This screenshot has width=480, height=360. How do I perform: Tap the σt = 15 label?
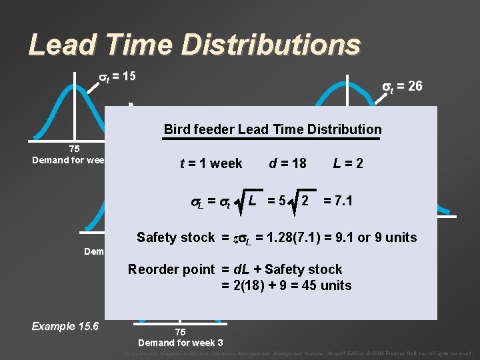(x=113, y=76)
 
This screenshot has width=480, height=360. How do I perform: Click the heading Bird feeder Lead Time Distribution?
(x=273, y=129)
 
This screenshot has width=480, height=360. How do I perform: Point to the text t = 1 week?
(x=211, y=163)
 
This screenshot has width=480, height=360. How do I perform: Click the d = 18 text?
(x=287, y=163)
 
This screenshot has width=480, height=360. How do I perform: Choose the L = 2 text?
(x=349, y=163)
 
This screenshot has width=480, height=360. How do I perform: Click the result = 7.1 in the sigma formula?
(x=338, y=201)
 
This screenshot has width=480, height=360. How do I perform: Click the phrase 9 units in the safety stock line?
(x=397, y=237)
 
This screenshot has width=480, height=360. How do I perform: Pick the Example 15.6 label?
(x=65, y=326)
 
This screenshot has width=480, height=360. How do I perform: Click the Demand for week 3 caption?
(x=180, y=343)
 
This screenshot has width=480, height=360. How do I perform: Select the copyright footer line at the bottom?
(x=298, y=353)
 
